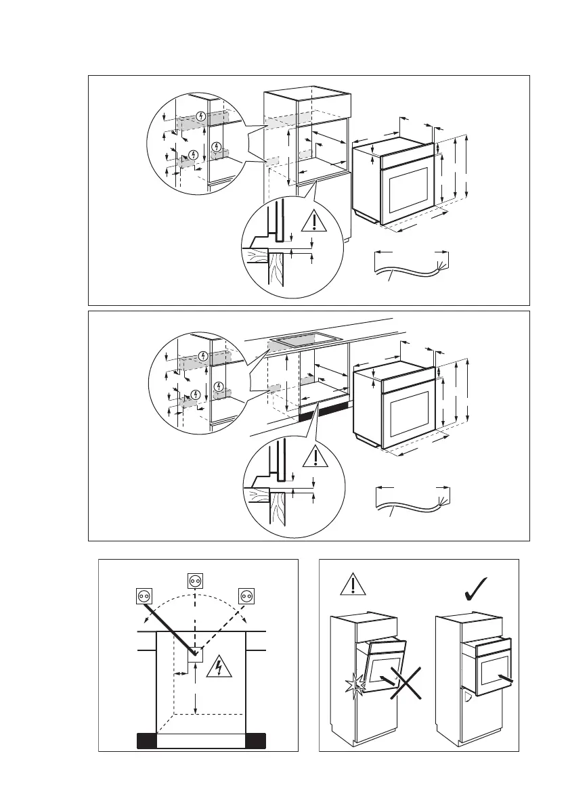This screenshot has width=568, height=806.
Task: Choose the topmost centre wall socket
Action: click(x=194, y=580)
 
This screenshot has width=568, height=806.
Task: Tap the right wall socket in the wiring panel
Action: click(x=246, y=596)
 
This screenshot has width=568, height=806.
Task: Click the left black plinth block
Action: click(x=147, y=740)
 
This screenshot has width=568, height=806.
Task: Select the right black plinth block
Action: click(x=255, y=740)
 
